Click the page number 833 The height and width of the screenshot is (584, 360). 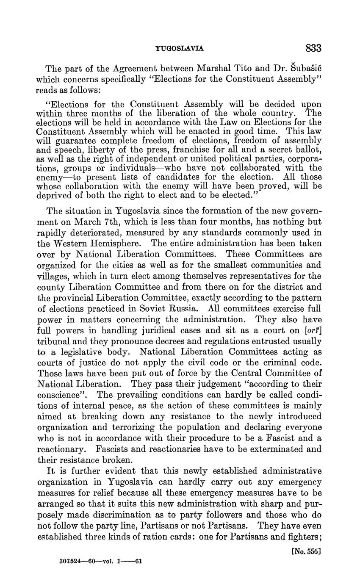click(x=313, y=48)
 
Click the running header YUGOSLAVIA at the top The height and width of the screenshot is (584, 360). click(x=180, y=49)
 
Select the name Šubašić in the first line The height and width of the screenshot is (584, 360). click(x=304, y=68)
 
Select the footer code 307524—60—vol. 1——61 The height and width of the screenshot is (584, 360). click(x=101, y=562)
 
